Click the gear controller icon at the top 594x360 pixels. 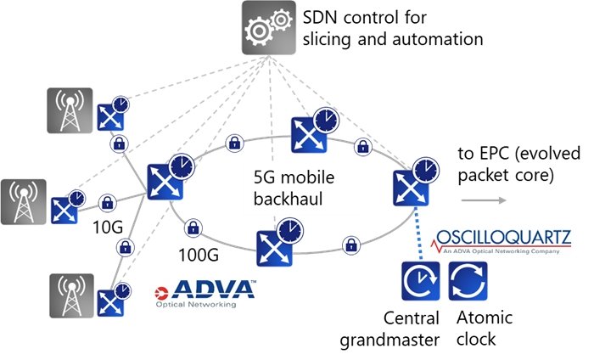(x=269, y=29)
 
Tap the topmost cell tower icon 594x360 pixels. (x=70, y=109)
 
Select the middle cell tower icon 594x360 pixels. (x=24, y=201)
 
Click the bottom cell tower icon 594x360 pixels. (x=71, y=295)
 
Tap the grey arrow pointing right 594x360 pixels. (x=484, y=200)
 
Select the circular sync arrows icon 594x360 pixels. (x=468, y=281)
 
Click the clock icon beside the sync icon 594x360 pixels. (x=421, y=281)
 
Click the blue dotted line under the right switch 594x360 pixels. (x=417, y=233)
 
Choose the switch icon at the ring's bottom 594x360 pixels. (x=275, y=247)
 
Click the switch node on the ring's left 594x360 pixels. (x=165, y=181)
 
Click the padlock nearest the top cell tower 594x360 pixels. (x=120, y=143)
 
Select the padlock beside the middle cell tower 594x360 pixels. (x=107, y=204)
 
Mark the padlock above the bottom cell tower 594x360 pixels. (x=126, y=248)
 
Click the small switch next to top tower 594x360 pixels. (x=110, y=117)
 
